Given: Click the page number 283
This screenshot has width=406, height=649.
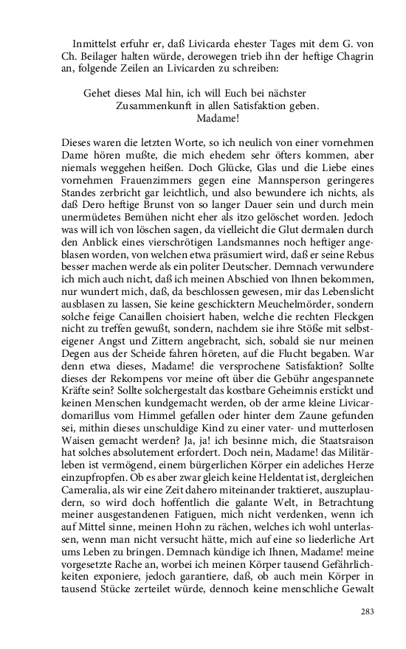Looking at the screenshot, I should click(x=367, y=611).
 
